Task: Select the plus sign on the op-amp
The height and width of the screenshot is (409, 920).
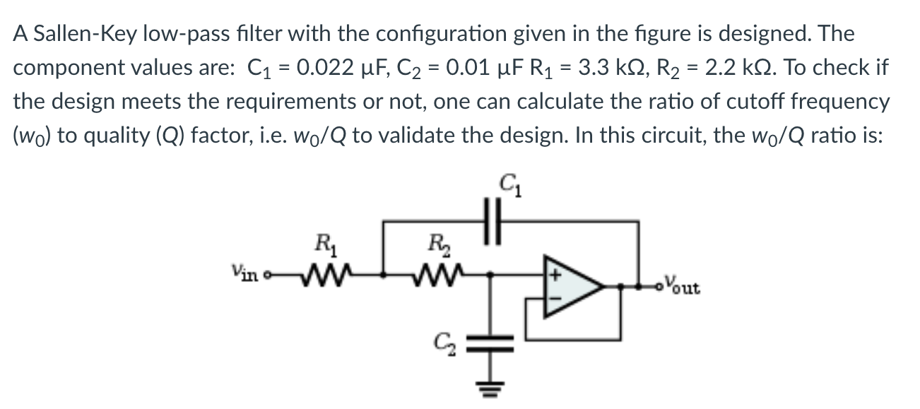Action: tap(555, 275)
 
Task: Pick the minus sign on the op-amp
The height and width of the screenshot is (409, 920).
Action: tap(555, 300)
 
